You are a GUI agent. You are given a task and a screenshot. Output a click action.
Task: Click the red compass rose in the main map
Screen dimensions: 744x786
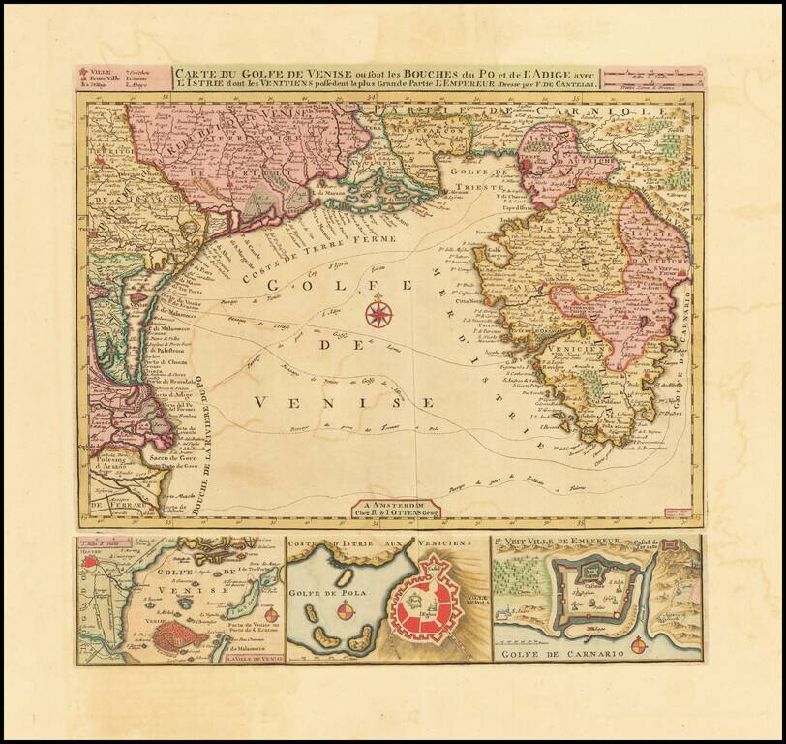point(378,313)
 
